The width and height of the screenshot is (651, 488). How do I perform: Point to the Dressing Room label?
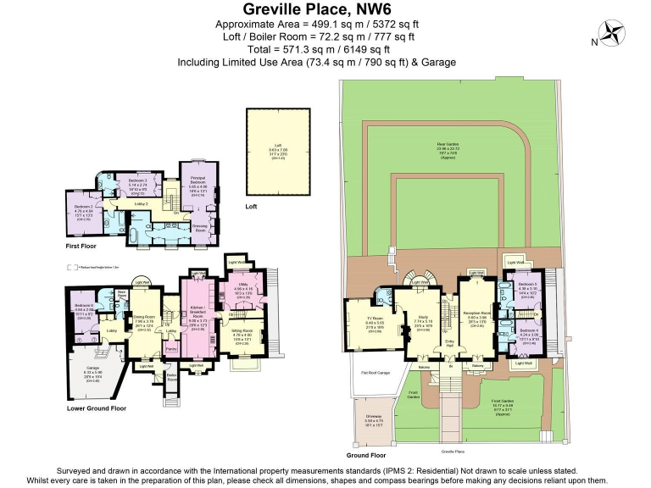[200, 228]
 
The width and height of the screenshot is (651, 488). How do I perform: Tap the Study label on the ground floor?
[424, 321]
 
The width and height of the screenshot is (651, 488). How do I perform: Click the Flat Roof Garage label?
[375, 372]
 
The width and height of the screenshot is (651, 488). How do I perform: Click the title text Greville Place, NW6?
[325, 10]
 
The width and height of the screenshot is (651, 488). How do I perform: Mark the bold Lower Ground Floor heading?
[97, 408]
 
